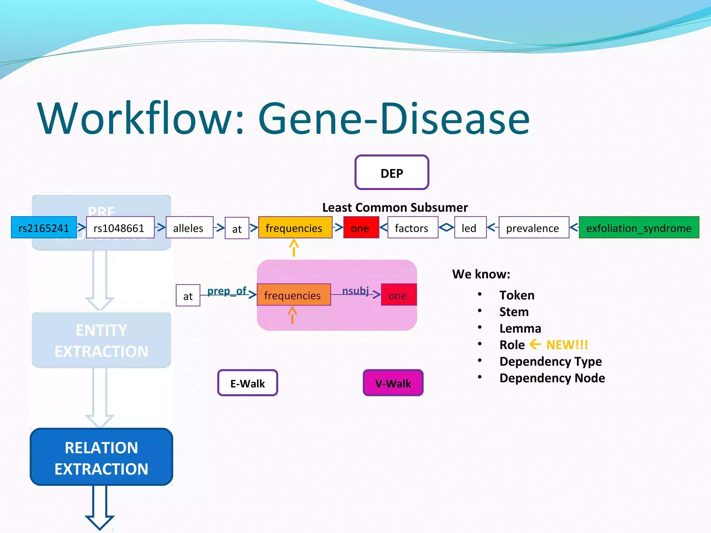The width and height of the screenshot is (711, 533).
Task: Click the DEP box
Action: pyautogui.click(x=392, y=172)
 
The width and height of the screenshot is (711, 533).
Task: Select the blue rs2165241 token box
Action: pyautogui.click(x=44, y=228)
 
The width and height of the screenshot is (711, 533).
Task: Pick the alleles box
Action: pyautogui.click(x=189, y=228)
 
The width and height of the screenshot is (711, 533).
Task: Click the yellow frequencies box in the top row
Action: pyautogui.click(x=295, y=228)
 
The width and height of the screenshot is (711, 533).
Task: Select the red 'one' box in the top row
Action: pyautogui.click(x=361, y=228)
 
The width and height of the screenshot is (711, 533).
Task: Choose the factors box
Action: pyautogui.click(x=412, y=228)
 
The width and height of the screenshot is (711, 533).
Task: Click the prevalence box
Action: pyautogui.click(x=533, y=228)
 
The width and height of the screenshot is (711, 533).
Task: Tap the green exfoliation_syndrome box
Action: pyautogui.click(x=639, y=228)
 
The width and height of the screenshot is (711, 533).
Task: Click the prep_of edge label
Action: pyautogui.click(x=227, y=291)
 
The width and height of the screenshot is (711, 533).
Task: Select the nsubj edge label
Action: pyautogui.click(x=355, y=290)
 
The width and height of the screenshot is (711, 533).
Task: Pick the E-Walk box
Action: pyautogui.click(x=248, y=383)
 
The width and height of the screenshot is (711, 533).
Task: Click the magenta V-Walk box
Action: pyautogui.click(x=393, y=383)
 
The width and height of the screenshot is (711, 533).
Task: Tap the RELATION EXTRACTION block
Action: pyautogui.click(x=101, y=457)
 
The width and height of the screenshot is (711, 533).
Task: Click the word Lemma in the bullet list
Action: pyautogui.click(x=520, y=328)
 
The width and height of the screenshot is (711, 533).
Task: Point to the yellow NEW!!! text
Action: pyautogui.click(x=567, y=345)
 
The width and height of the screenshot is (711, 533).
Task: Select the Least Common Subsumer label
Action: pyautogui.click(x=395, y=208)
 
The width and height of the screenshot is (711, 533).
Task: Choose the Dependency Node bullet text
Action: pyautogui.click(x=552, y=378)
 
